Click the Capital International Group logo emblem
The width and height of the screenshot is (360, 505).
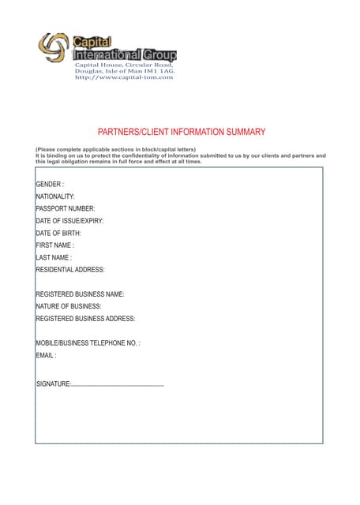[x=54, y=48]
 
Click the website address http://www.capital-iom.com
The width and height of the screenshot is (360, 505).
[x=123, y=77]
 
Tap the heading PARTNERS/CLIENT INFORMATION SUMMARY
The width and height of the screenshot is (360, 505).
[x=181, y=133]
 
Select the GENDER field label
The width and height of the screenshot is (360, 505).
[x=50, y=184]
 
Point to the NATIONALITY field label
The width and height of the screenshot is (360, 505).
[x=55, y=196]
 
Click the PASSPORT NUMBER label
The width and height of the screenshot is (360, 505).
[x=65, y=209]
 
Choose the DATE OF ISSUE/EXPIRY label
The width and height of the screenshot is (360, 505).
[x=69, y=221]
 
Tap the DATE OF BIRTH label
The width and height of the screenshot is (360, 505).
[x=58, y=234]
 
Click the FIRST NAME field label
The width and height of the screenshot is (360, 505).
[x=54, y=245]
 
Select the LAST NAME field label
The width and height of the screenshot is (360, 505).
[x=54, y=257]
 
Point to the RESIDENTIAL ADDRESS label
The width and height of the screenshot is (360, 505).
[x=70, y=270]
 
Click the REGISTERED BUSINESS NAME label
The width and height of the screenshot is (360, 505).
[x=80, y=294]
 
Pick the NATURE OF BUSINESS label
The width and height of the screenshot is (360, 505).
[x=69, y=306]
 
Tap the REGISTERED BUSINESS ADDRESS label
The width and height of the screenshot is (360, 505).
[x=85, y=319]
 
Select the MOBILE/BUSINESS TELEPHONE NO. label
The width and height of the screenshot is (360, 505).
[x=88, y=343]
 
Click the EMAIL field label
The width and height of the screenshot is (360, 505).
[x=46, y=355]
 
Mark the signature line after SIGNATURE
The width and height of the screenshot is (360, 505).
[x=118, y=385]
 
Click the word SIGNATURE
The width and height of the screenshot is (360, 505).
[x=54, y=384]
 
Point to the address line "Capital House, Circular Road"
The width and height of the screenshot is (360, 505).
[x=124, y=65]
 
